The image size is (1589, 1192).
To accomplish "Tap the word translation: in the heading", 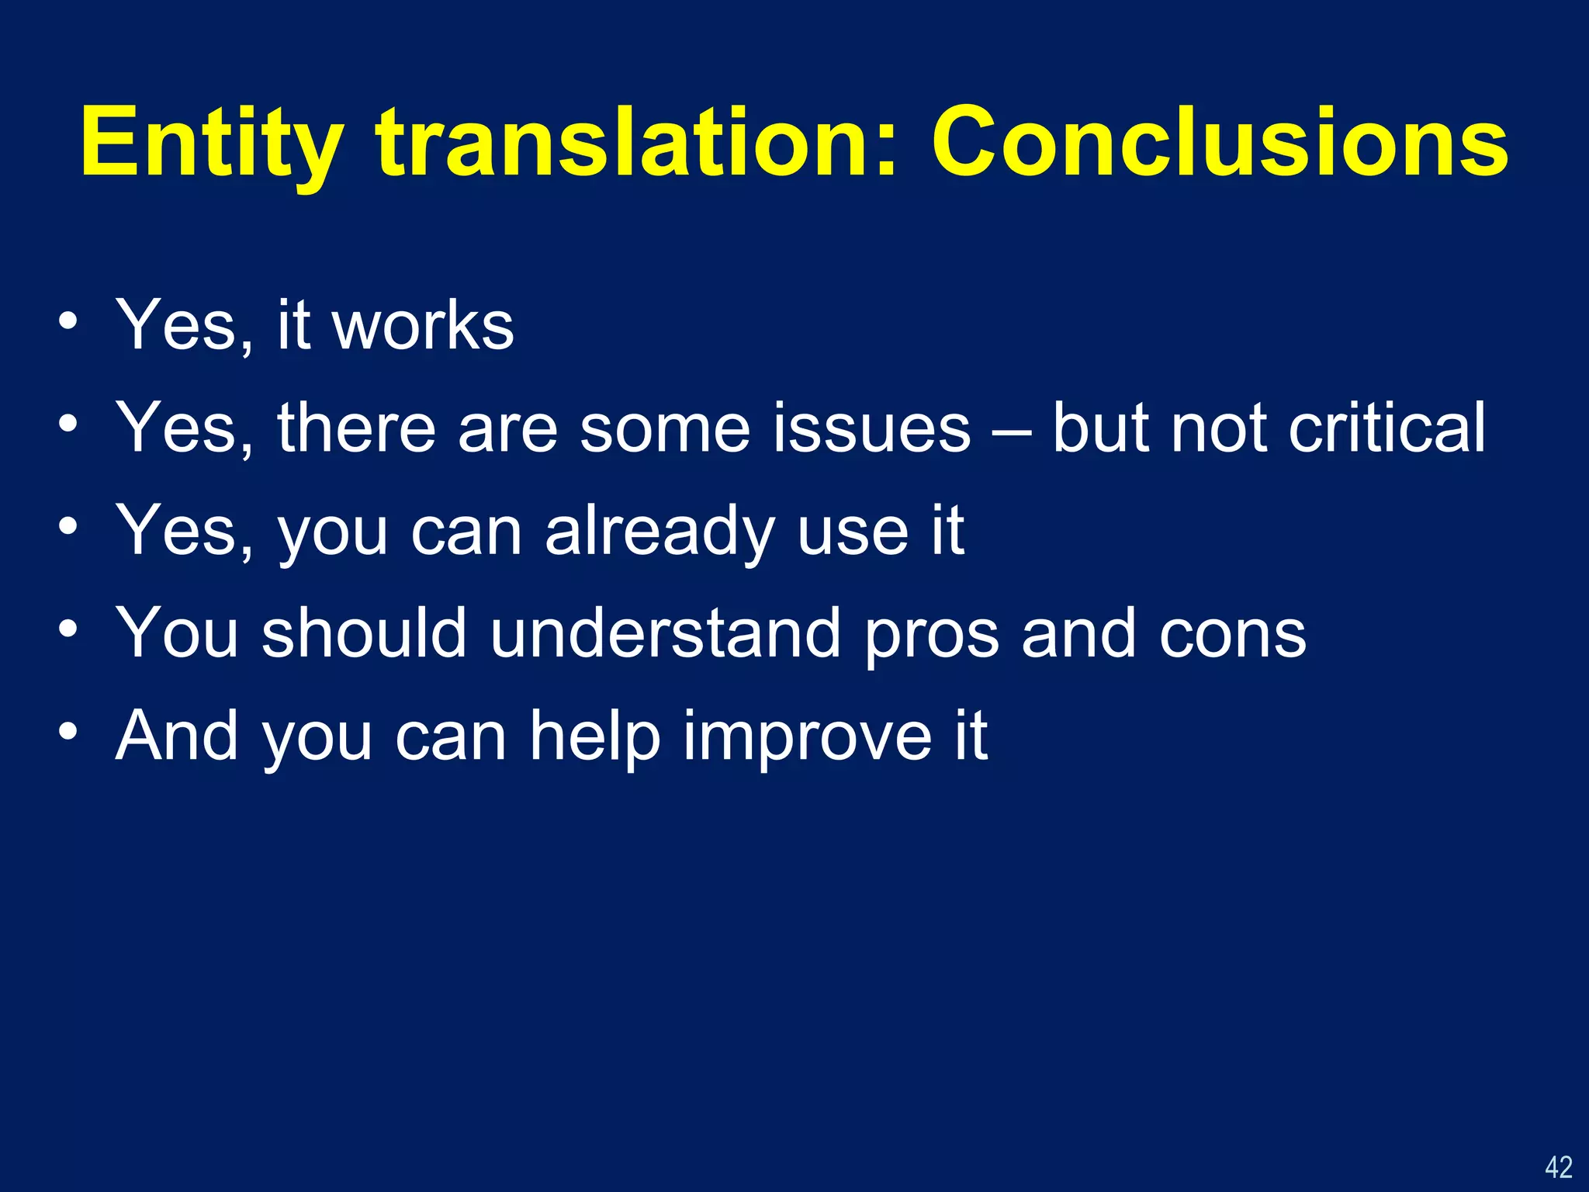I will click(x=636, y=143).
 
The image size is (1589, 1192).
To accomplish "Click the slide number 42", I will click(x=1558, y=1167).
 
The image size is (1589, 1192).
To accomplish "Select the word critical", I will click(x=1386, y=428).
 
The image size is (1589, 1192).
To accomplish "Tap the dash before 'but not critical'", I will click(x=1011, y=431).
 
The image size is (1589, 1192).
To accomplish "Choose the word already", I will click(x=659, y=533).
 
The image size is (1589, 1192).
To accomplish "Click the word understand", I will click(x=665, y=634).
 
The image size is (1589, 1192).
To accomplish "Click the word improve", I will click(x=807, y=739).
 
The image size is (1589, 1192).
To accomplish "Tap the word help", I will click(x=594, y=737).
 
